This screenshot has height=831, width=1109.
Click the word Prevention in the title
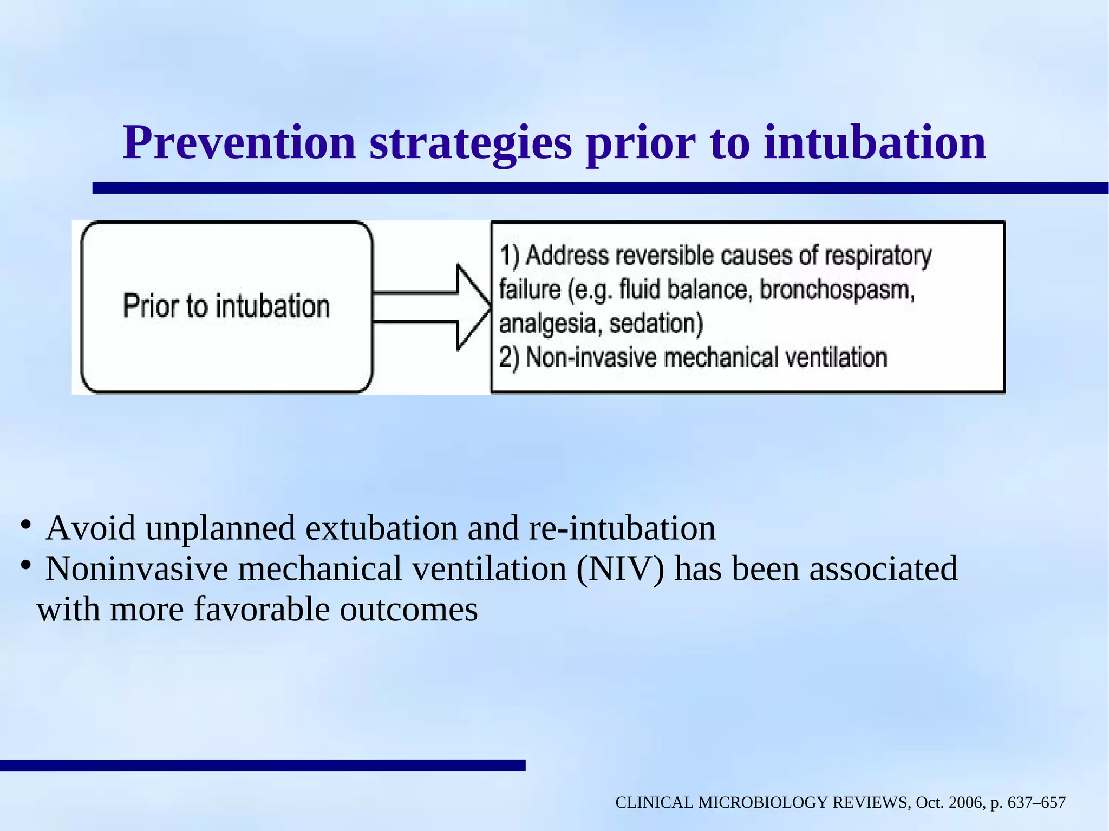tap(239, 143)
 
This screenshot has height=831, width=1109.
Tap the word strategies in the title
tap(471, 143)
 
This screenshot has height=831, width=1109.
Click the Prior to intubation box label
tap(226, 306)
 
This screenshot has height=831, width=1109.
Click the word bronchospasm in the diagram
tap(837, 290)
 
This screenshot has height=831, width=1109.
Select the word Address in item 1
tap(567, 256)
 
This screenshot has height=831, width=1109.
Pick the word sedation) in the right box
tap(656, 324)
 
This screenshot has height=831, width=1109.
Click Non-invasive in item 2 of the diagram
tap(591, 358)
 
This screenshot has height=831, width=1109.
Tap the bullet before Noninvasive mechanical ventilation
tap(25, 566)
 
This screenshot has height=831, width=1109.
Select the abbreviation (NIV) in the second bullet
tap(619, 569)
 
